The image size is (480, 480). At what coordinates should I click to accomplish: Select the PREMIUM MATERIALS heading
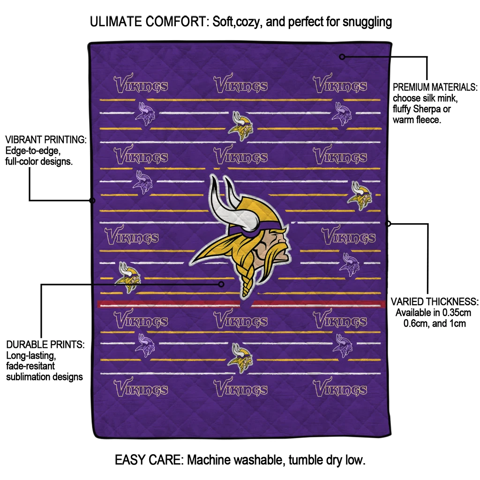point(435,88)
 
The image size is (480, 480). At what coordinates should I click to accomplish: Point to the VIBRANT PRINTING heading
point(46,140)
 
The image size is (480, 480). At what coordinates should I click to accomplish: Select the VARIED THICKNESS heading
point(435,301)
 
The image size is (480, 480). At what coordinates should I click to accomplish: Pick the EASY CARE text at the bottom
point(149,460)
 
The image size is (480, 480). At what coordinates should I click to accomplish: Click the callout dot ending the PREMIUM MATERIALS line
point(342,57)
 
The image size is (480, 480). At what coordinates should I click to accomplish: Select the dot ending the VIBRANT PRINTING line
point(92,201)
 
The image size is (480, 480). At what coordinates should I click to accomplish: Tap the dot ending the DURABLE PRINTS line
point(222,284)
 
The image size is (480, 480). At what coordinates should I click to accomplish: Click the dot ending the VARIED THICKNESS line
point(388,224)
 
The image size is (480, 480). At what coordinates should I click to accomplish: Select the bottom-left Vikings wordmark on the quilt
point(141,389)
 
